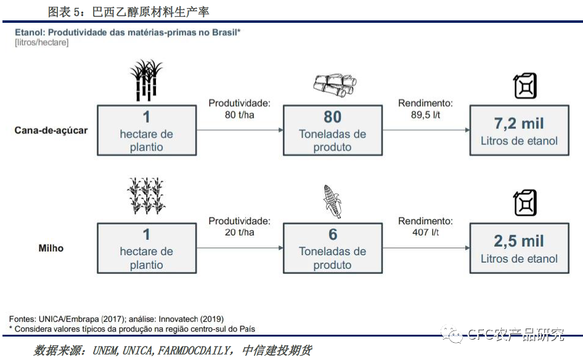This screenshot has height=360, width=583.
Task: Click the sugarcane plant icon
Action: click(x=146, y=80)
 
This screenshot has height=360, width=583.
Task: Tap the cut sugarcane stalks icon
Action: click(x=335, y=85)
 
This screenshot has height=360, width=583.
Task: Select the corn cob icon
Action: click(x=332, y=201)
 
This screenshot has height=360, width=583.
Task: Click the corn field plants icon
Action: click(x=146, y=195)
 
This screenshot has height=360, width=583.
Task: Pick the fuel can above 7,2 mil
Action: click(x=525, y=86)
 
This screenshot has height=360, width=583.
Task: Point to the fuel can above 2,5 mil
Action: click(x=525, y=203)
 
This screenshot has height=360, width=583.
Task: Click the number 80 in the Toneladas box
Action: click(x=332, y=117)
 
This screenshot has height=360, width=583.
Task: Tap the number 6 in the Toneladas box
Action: click(x=333, y=235)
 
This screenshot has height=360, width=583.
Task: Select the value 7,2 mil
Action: click(x=519, y=123)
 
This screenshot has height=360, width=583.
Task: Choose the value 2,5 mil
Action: click(x=519, y=241)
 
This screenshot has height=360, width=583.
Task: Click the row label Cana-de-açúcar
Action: click(x=51, y=131)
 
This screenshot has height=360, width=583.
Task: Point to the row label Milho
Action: click(x=51, y=248)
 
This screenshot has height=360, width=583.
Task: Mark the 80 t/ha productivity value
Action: click(x=240, y=115)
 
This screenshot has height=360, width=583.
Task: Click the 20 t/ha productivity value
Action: click(x=240, y=232)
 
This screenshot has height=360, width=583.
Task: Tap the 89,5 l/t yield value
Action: click(x=425, y=115)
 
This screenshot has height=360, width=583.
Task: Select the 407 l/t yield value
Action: click(x=425, y=232)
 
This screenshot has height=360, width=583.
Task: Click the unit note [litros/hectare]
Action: click(x=42, y=43)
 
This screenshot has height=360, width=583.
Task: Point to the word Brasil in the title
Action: click(x=224, y=32)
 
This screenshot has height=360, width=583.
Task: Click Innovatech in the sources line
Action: click(x=179, y=319)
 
